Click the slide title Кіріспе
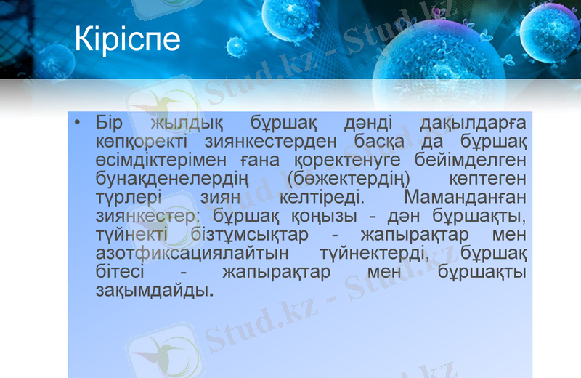tap(127, 39)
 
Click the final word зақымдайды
tap(154, 291)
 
